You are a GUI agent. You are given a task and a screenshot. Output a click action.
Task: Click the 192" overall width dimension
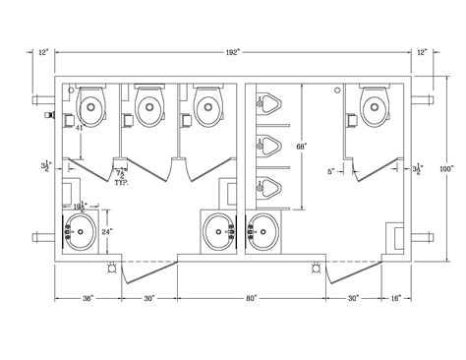click(234, 50)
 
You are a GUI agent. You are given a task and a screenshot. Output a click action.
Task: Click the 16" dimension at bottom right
click(394, 296)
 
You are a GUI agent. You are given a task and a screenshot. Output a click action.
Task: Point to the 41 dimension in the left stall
click(75, 128)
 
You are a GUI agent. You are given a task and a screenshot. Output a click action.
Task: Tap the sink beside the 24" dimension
click(82, 234)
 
